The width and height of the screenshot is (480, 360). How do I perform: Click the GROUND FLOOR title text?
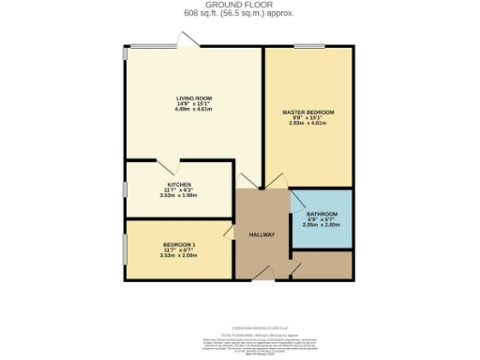(x=240, y=5)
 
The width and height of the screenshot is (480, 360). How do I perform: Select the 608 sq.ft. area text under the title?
(x=240, y=13)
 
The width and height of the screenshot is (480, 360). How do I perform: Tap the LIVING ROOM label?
(x=190, y=98)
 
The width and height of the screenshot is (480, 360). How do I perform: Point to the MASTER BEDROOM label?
(x=308, y=112)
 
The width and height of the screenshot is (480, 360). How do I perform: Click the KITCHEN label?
(x=179, y=185)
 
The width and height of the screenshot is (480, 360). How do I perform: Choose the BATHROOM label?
(x=321, y=215)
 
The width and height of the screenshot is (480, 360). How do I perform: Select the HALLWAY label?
(x=262, y=234)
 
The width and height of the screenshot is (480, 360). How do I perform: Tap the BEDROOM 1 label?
(x=179, y=244)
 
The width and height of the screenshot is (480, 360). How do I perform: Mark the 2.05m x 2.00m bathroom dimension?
(x=321, y=226)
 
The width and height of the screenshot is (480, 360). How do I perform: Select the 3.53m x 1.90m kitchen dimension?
(x=179, y=196)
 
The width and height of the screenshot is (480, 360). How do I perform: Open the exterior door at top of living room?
(x=188, y=39)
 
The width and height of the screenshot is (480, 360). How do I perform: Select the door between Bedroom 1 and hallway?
(x=228, y=231)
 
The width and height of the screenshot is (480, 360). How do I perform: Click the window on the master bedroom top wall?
(x=308, y=45)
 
